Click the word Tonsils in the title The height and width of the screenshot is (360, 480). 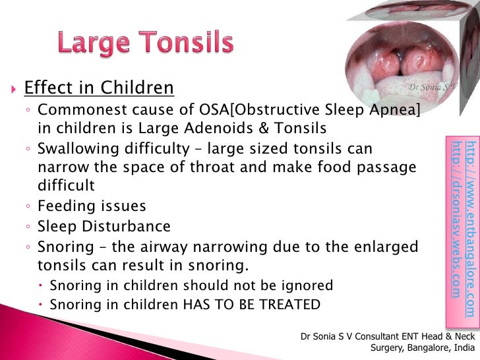(190, 44)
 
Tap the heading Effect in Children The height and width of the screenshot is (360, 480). (99, 88)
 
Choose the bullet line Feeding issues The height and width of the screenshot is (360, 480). (92, 206)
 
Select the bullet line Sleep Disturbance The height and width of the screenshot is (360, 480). (104, 227)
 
